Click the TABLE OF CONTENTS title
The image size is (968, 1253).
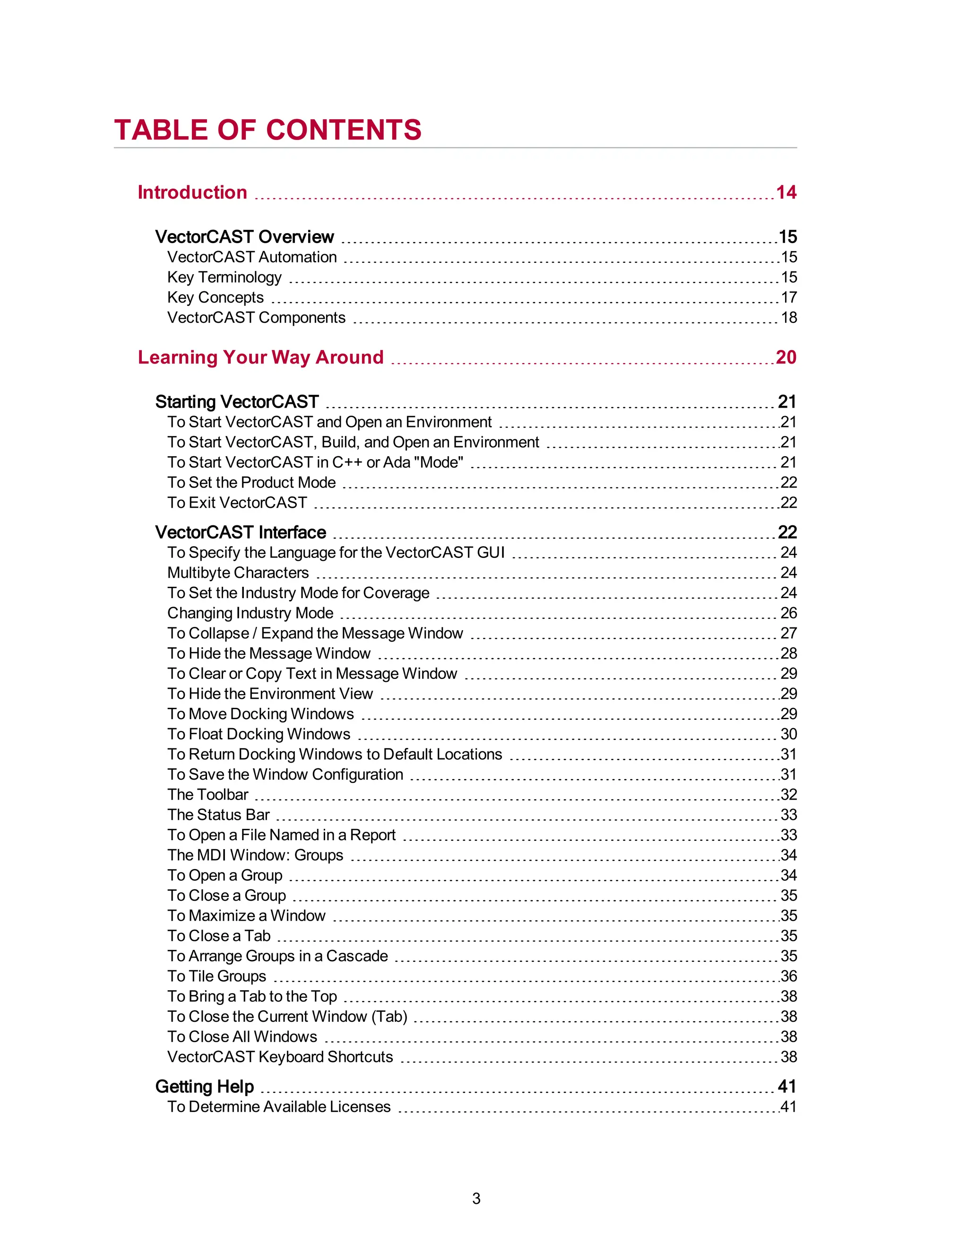coord(268,130)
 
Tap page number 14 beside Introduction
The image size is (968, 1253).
coord(786,192)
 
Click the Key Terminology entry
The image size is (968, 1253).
coord(224,277)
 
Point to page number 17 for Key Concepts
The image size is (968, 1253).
coord(788,297)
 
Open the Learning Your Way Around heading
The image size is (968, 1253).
coord(260,357)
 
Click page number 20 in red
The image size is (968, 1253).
coord(786,357)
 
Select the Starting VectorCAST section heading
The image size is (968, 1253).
coord(237,401)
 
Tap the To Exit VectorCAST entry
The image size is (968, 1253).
coord(237,503)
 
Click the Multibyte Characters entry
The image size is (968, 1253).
coord(238,573)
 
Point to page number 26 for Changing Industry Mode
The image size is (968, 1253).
coord(788,613)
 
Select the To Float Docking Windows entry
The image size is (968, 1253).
coord(259,734)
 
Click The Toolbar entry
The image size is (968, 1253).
coord(207,795)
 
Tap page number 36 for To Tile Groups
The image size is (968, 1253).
coord(788,976)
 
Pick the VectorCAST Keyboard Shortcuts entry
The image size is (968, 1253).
coord(280,1057)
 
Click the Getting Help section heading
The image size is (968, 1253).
coord(204,1087)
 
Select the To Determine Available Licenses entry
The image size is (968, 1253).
coord(279,1107)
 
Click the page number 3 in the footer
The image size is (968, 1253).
coord(476,1199)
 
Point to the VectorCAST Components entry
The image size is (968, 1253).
coord(256,317)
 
